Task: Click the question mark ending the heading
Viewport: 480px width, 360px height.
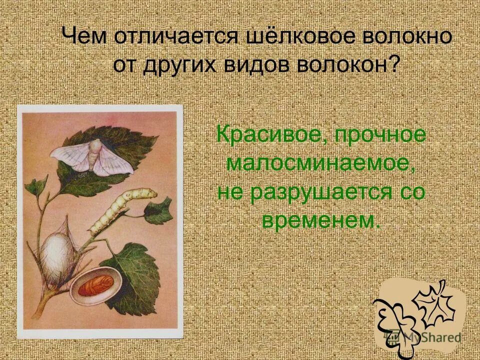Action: [394, 65]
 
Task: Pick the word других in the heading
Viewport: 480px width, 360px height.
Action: [188, 65]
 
